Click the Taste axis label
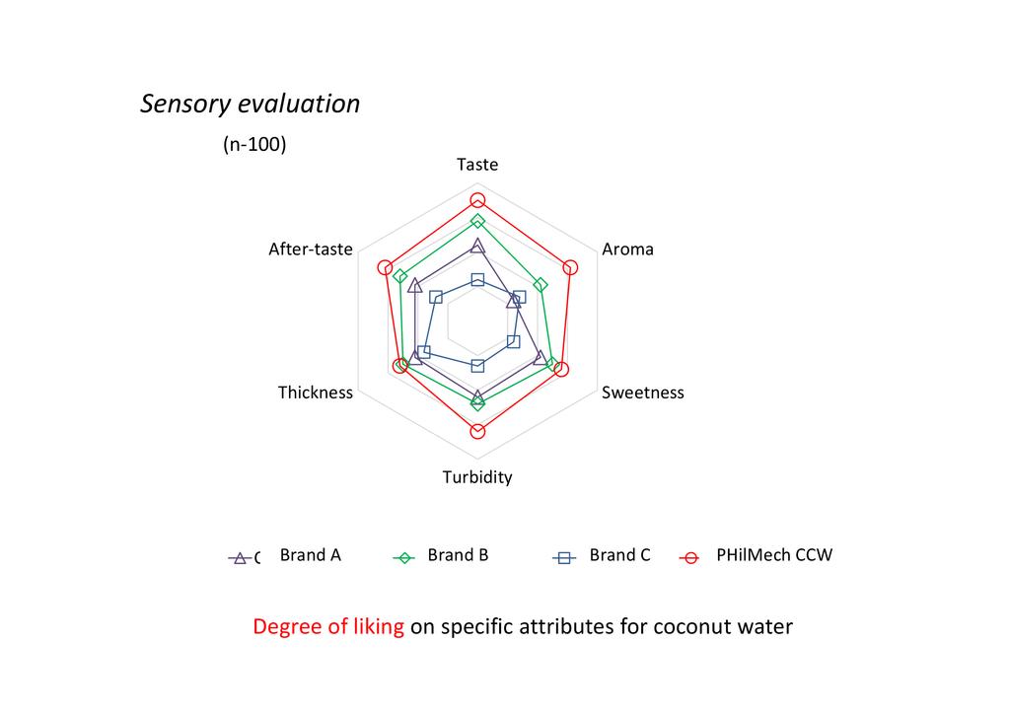click(x=477, y=165)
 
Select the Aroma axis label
click(x=627, y=250)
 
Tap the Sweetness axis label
click(x=642, y=393)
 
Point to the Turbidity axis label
click(x=477, y=477)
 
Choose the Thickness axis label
click(x=315, y=393)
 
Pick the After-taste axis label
click(x=311, y=250)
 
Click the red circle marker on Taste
click(x=477, y=200)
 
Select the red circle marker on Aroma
click(x=570, y=267)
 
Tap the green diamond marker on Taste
click(x=477, y=222)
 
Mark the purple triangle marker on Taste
click(x=477, y=246)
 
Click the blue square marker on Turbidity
click(x=477, y=366)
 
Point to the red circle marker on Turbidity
click(x=477, y=431)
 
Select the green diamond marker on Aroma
click(x=541, y=285)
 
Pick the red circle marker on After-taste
click(x=386, y=267)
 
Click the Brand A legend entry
click(x=310, y=555)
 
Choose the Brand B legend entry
click(x=458, y=555)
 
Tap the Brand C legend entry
click(x=619, y=555)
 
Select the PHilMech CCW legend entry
click(x=774, y=555)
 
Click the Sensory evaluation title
click(x=250, y=105)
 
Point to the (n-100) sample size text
click(x=254, y=144)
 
